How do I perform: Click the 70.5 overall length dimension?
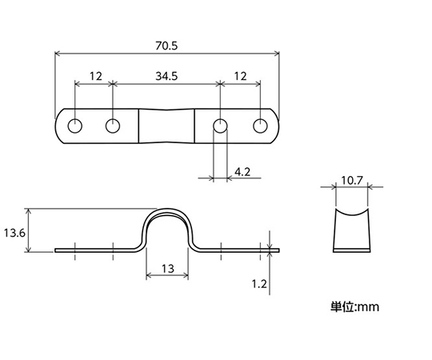(166, 46)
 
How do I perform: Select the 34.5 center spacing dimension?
(166, 76)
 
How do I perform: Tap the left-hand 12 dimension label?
(96, 76)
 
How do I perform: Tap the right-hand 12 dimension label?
(240, 76)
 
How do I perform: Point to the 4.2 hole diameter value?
(242, 172)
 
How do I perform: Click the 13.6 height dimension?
(14, 234)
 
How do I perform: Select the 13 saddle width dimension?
(167, 269)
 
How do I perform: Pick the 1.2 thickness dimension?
(259, 284)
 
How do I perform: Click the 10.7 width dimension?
(352, 181)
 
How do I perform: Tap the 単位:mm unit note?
(355, 306)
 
